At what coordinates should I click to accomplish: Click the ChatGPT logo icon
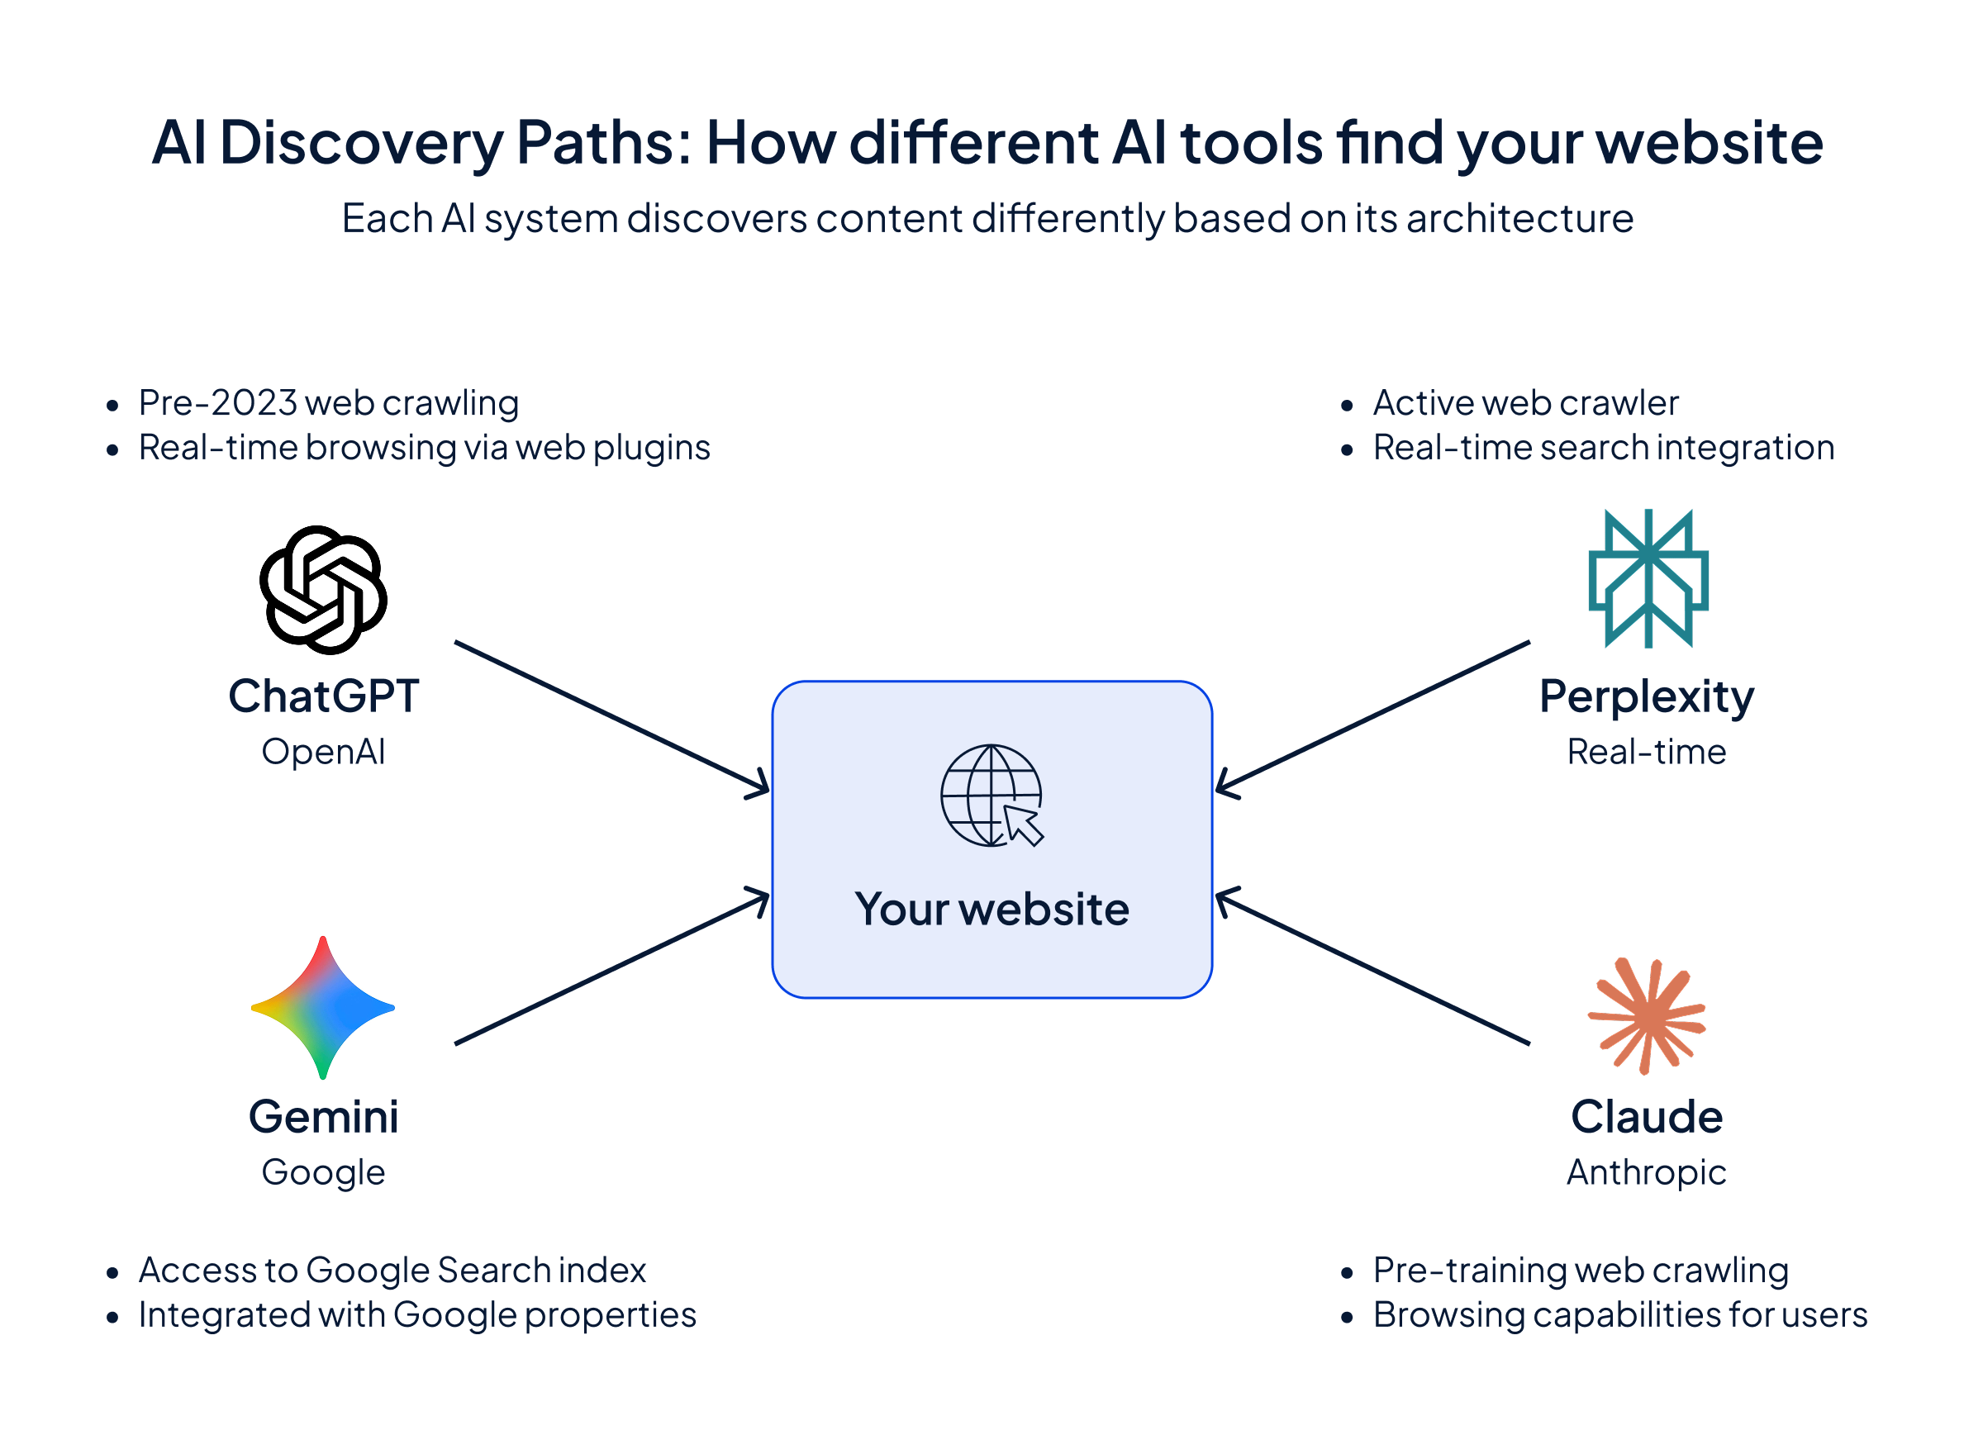[324, 590]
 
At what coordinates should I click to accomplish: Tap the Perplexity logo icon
[1648, 578]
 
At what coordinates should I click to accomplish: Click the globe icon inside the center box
[991, 796]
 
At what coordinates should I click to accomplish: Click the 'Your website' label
[991, 910]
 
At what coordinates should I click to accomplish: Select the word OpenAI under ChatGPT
[324, 752]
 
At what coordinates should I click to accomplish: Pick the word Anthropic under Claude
[1647, 1172]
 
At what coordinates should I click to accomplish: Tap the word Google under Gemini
[324, 1172]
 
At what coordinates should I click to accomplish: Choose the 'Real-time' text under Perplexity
[1647, 752]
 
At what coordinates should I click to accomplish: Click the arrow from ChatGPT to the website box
[612, 716]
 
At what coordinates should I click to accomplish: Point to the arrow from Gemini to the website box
[612, 969]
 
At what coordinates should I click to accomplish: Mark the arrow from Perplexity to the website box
[1372, 717]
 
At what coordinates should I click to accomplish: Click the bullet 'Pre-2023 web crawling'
[329, 403]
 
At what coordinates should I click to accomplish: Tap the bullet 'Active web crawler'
[1526, 403]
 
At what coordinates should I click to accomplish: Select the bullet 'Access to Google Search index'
[392, 1271]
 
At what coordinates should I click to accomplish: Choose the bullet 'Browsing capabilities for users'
[1619, 1315]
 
